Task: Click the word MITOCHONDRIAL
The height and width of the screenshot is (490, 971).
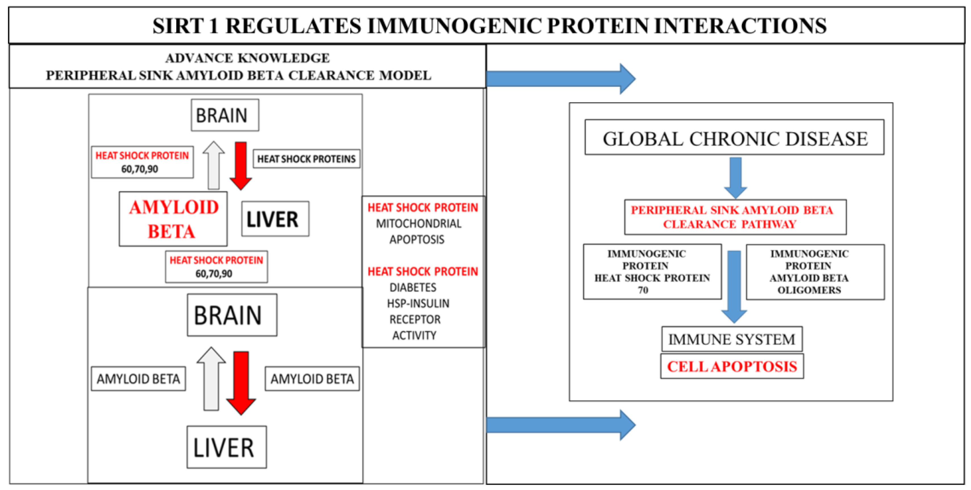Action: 419,223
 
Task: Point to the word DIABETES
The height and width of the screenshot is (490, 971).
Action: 413,288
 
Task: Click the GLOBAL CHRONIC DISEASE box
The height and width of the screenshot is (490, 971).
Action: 734,138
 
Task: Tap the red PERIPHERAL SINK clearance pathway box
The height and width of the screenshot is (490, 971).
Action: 735,217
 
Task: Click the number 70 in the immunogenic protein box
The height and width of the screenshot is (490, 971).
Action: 643,290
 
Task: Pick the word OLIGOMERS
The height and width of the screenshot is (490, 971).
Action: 809,290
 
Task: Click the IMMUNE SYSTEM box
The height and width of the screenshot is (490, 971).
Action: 731,339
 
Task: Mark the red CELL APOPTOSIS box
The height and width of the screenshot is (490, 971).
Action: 732,366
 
